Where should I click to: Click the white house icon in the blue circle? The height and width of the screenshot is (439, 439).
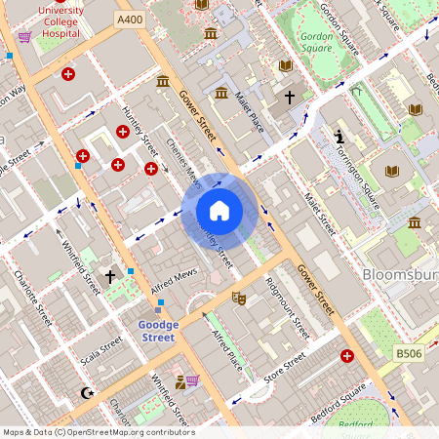(219, 210)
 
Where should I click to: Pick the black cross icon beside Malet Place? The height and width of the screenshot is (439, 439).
(289, 97)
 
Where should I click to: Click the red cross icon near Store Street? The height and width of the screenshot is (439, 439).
(347, 357)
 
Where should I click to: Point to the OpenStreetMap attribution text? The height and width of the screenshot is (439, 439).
(98, 432)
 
